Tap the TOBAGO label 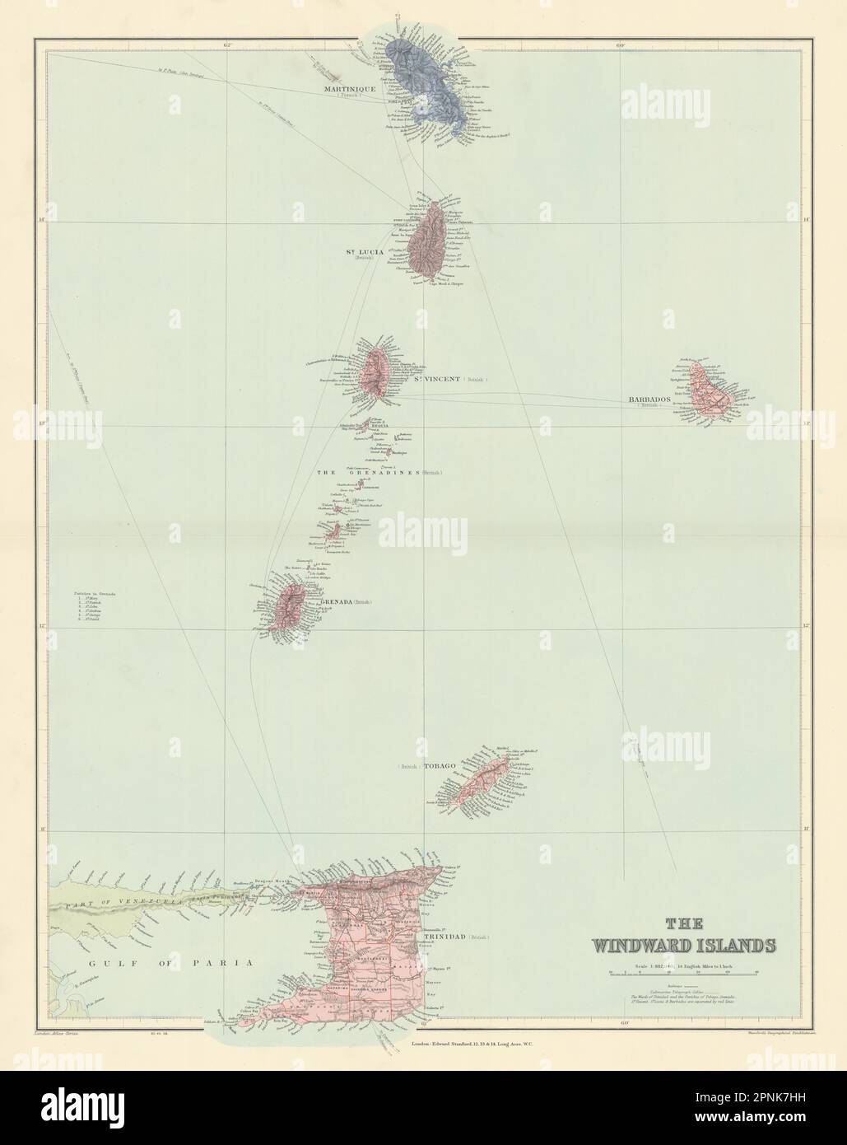point(439,766)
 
